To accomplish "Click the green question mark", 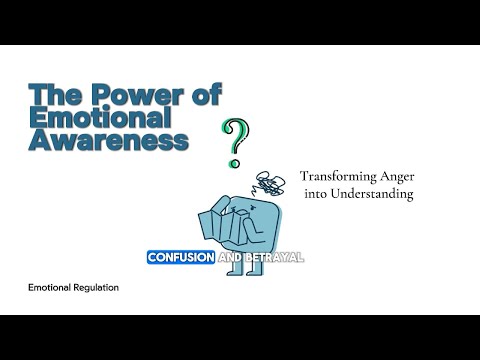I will click(235, 139).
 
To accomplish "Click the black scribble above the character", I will click(270, 183).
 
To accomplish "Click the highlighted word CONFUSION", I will click(181, 257).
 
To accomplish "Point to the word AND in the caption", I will click(231, 257).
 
